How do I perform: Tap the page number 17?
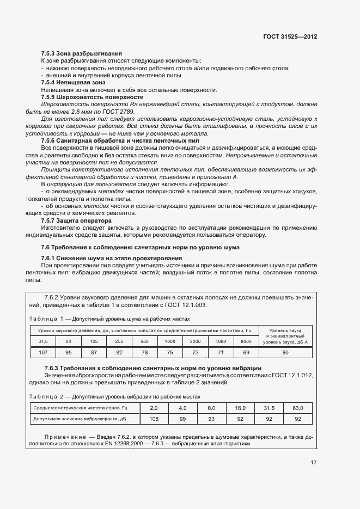tap(314, 463)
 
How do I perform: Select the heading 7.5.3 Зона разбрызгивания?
tap(81, 53)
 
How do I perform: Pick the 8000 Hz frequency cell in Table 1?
tap(246, 341)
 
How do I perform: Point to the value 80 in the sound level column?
tap(285, 352)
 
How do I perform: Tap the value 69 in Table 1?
tap(246, 352)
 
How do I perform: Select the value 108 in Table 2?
tap(154, 419)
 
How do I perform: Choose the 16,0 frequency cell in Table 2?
tap(240, 408)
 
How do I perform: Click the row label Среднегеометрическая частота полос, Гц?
tap(80, 408)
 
